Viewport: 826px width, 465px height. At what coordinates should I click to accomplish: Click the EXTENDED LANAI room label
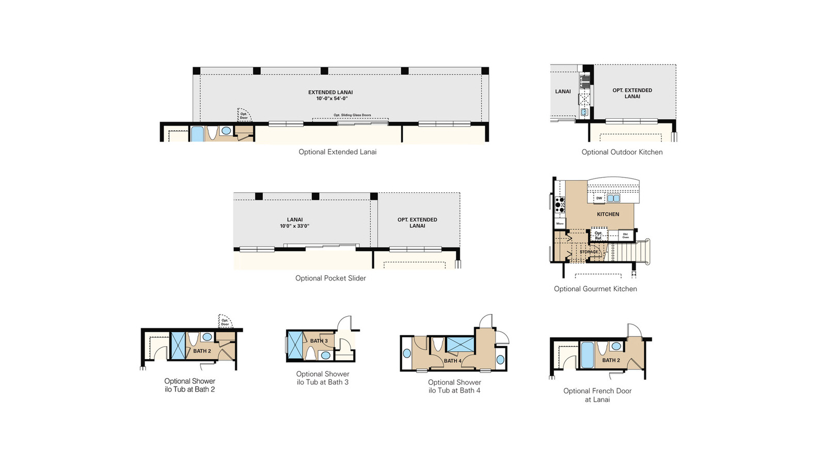[330, 92]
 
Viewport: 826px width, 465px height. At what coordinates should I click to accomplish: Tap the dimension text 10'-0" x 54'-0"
[332, 98]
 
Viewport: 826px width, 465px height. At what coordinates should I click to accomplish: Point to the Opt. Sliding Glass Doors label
[352, 115]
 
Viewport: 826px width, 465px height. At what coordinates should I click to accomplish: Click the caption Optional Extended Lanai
[338, 152]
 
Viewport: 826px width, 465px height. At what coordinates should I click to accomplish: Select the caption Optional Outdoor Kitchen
[622, 152]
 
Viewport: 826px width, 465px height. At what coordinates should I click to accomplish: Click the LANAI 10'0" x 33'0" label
[295, 223]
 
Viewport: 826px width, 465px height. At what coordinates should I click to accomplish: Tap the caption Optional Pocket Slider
[330, 278]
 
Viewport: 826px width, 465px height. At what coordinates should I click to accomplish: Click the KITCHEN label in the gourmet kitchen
[608, 214]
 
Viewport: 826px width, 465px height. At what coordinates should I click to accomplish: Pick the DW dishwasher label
[599, 198]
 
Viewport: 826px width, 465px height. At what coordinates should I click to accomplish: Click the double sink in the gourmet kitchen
[613, 198]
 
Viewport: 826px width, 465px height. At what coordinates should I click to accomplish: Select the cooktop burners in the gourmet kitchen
[560, 205]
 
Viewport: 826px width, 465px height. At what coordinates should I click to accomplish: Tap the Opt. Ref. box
[598, 235]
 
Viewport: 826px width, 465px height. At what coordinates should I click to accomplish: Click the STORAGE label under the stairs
[589, 252]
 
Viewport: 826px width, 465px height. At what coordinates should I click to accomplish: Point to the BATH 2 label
[202, 351]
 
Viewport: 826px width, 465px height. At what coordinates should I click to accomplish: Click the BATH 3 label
[319, 341]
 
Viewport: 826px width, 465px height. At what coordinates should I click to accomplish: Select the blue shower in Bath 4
[460, 344]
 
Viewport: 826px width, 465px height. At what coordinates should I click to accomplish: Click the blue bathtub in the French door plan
[587, 354]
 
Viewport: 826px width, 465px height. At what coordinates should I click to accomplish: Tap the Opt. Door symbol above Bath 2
[225, 321]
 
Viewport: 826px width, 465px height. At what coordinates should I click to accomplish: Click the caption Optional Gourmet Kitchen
[595, 289]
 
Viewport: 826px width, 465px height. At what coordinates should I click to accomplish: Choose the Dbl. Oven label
[625, 236]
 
